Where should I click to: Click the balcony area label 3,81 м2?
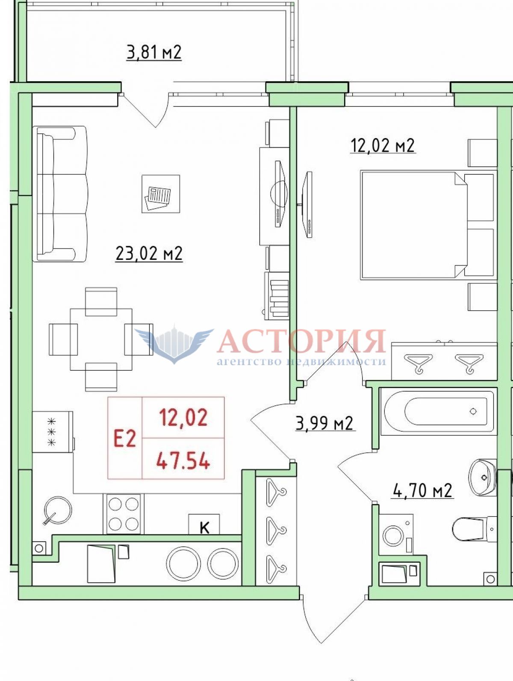(154, 52)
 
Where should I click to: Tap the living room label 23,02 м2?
(149, 254)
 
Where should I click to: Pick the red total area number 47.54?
(183, 461)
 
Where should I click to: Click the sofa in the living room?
(60, 194)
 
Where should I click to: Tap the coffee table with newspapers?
(161, 194)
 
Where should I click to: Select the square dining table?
(101, 339)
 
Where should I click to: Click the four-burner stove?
(124, 513)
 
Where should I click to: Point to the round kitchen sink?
(58, 511)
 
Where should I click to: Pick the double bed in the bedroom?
(428, 224)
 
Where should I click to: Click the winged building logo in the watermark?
(174, 345)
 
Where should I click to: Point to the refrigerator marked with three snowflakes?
(53, 432)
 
